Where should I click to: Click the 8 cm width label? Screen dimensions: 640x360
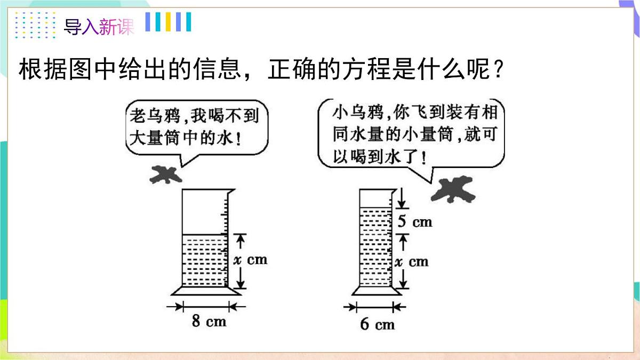[209, 321]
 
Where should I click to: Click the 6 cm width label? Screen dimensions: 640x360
[378, 324]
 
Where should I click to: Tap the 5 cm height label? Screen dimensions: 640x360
[415, 221]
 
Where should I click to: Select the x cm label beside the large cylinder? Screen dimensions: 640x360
[250, 260]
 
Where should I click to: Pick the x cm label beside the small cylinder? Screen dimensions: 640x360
[412, 262]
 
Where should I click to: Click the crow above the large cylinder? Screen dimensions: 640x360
[166, 174]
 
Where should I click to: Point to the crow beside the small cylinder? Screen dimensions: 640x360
[453, 189]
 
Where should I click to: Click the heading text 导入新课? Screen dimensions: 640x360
[99, 27]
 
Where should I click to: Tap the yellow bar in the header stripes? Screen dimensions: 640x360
[168, 22]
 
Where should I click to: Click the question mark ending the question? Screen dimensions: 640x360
[499, 69]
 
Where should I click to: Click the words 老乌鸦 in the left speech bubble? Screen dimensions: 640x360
[155, 116]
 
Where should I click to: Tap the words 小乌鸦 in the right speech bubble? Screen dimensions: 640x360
[358, 112]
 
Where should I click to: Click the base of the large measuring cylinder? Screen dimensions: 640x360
[206, 291]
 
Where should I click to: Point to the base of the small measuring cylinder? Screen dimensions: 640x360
[377, 291]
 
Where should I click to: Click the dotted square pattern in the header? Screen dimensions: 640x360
[35, 25]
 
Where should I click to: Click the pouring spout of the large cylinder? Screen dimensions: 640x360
[231, 191]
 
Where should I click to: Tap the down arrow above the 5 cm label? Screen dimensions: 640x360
[402, 198]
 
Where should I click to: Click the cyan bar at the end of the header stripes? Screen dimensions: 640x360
[189, 22]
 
